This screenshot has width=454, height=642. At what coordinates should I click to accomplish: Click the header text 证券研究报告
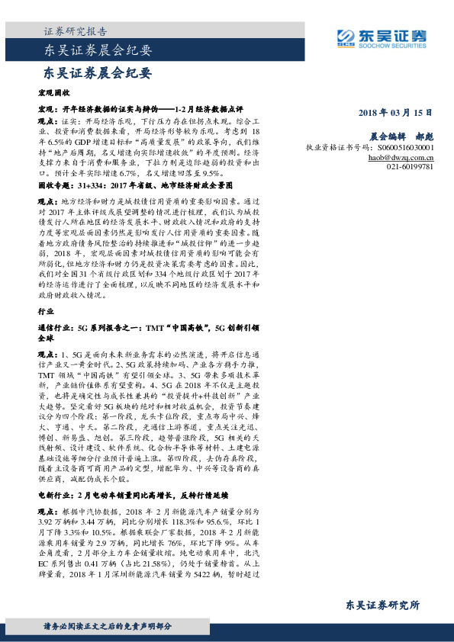coord(75,32)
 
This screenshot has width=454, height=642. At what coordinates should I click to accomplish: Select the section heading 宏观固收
coord(54,91)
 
